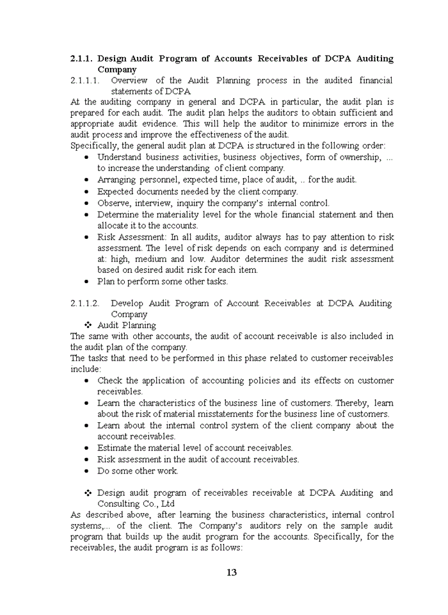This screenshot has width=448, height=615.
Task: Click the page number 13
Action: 232,572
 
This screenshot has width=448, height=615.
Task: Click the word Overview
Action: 129,80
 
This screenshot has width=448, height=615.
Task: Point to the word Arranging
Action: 116,180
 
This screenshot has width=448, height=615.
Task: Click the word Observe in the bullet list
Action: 113,203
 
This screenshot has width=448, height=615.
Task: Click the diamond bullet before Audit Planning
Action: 88,325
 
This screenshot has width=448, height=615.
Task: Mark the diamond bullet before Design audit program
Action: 88,493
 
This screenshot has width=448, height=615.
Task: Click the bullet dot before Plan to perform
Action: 87,281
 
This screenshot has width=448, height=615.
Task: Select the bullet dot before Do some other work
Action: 87,471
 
